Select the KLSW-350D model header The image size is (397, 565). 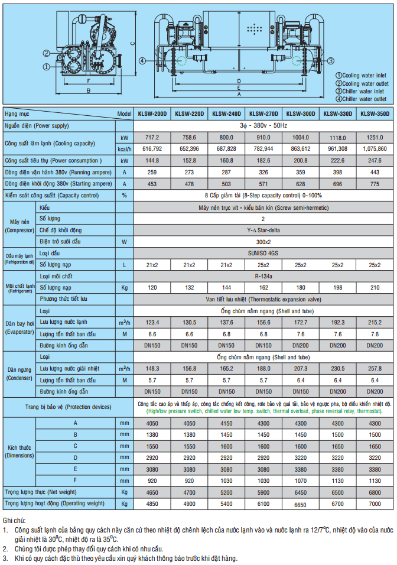click(375, 114)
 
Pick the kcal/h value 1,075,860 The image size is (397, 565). click(375, 148)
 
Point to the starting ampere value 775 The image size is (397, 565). click(375, 183)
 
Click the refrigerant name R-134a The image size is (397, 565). click(263, 276)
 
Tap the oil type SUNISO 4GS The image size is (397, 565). click(263, 253)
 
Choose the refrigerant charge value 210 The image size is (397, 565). click(375, 287)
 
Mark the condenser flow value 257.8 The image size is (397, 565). click(375, 368)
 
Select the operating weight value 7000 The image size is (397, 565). click(375, 504)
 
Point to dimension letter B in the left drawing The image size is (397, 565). click(88, 90)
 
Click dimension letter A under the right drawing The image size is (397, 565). click(239, 94)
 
